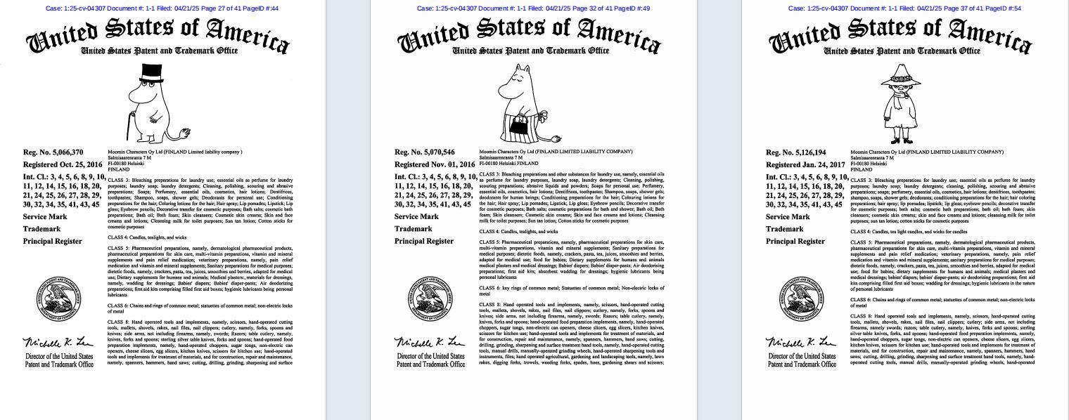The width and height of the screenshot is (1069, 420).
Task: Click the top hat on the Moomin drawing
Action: (x=152, y=72)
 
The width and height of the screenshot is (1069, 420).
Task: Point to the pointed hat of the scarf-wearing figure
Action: (x=900, y=71)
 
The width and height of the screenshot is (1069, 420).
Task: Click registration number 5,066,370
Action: (x=53, y=152)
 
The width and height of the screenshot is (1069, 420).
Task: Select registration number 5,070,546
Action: (x=425, y=152)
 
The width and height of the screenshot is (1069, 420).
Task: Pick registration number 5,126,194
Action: (x=796, y=152)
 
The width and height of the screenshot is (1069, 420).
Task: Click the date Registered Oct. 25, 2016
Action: (x=63, y=165)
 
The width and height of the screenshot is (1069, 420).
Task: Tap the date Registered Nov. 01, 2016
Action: (x=435, y=165)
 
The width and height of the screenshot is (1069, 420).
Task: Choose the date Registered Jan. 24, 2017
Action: (x=805, y=165)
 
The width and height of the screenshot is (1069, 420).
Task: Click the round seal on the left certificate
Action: (x=58, y=298)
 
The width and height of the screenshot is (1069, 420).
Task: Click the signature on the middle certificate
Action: (x=430, y=342)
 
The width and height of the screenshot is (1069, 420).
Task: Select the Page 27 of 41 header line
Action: (x=162, y=8)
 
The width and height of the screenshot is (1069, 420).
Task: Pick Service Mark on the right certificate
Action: (x=788, y=217)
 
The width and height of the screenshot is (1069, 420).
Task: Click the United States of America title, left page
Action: (x=158, y=34)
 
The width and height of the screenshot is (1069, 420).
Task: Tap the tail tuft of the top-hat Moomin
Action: (x=185, y=132)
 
